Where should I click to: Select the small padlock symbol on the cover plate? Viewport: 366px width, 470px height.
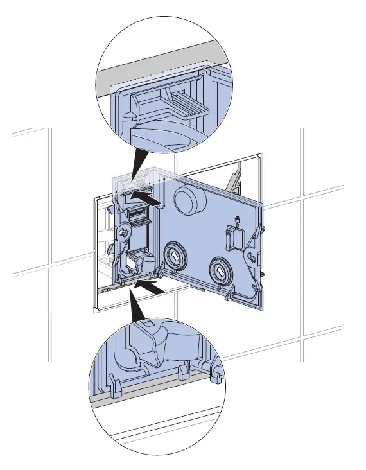click(x=238, y=222)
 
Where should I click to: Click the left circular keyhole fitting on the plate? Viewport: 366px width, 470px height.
click(x=173, y=256)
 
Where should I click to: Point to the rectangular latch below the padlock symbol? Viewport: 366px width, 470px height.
click(x=234, y=241)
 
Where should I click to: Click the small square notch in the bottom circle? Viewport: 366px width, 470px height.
click(x=146, y=325)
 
